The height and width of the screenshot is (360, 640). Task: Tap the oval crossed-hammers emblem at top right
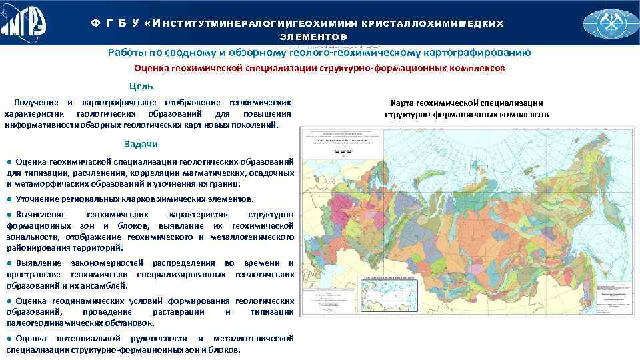click(x=611, y=23)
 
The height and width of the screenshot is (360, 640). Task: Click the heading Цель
click(x=141, y=86)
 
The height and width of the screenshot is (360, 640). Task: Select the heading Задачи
click(x=141, y=145)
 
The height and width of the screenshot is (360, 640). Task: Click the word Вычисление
click(x=41, y=215)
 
